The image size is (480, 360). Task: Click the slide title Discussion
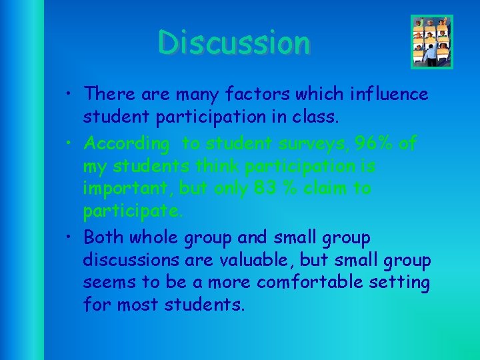point(234,43)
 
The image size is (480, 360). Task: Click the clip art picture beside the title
point(431,41)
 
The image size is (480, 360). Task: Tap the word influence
point(388,94)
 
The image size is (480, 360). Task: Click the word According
point(127,143)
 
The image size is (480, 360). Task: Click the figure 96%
point(367,143)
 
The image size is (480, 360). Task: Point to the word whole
point(161,237)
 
